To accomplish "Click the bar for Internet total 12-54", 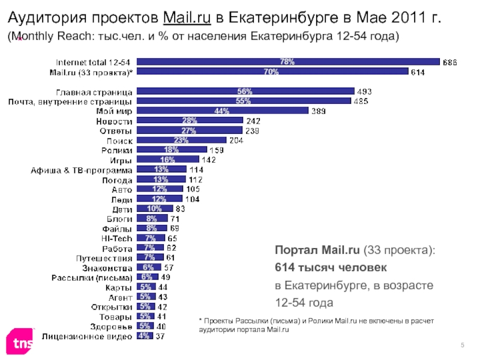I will point(288,61).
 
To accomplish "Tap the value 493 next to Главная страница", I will point(364,92).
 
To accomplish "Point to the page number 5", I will point(463,343).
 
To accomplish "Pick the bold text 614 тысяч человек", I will point(331,266).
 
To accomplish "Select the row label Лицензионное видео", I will point(87,336).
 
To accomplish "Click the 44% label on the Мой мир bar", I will point(221,111).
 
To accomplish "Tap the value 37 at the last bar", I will point(160,336).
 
